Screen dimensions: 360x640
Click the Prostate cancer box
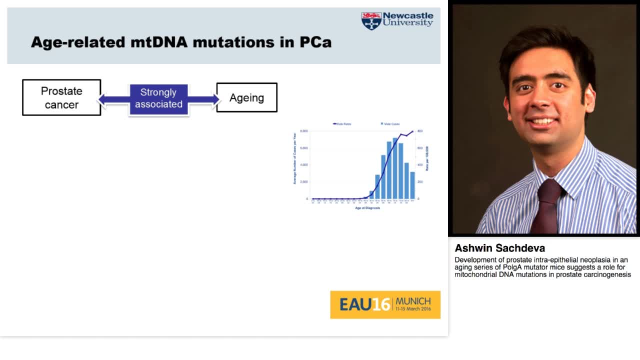pos(61,97)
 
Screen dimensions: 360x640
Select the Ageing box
pos(246,97)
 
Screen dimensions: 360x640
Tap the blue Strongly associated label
pos(158,98)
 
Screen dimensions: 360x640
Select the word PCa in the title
pos(315,42)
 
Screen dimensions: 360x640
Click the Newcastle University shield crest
pos(371,21)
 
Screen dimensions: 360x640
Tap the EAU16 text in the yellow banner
pos(364,304)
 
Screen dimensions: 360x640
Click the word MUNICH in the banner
pos(413,301)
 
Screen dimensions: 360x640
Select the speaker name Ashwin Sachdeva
pos(499,248)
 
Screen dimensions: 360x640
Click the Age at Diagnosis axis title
pos(367,208)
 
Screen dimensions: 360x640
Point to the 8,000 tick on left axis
pos(304,131)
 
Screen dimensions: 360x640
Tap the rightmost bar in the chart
pos(412,185)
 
